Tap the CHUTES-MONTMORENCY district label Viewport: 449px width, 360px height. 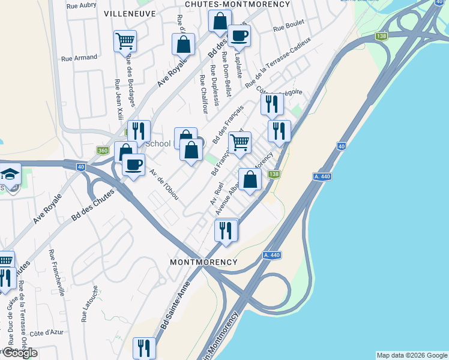237,4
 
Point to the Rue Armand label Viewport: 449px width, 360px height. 79,58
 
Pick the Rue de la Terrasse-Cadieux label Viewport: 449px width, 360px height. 278,61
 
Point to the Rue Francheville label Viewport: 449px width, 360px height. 56,272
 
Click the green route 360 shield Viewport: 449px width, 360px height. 102,151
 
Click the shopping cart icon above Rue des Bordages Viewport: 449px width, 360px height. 125,41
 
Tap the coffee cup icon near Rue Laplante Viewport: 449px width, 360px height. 239,35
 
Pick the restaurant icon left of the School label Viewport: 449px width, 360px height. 138,131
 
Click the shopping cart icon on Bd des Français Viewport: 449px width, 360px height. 240,142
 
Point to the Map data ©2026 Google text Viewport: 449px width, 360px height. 412,355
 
